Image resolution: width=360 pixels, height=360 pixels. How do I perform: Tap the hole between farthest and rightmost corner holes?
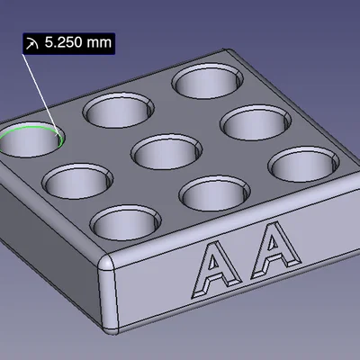point(255,121)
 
